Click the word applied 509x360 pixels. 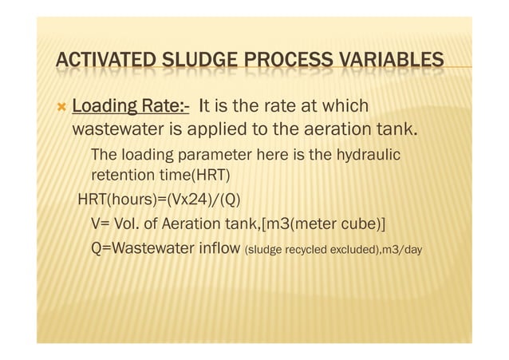click(220, 129)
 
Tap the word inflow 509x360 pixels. click(219, 248)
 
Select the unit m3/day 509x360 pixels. click(404, 250)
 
